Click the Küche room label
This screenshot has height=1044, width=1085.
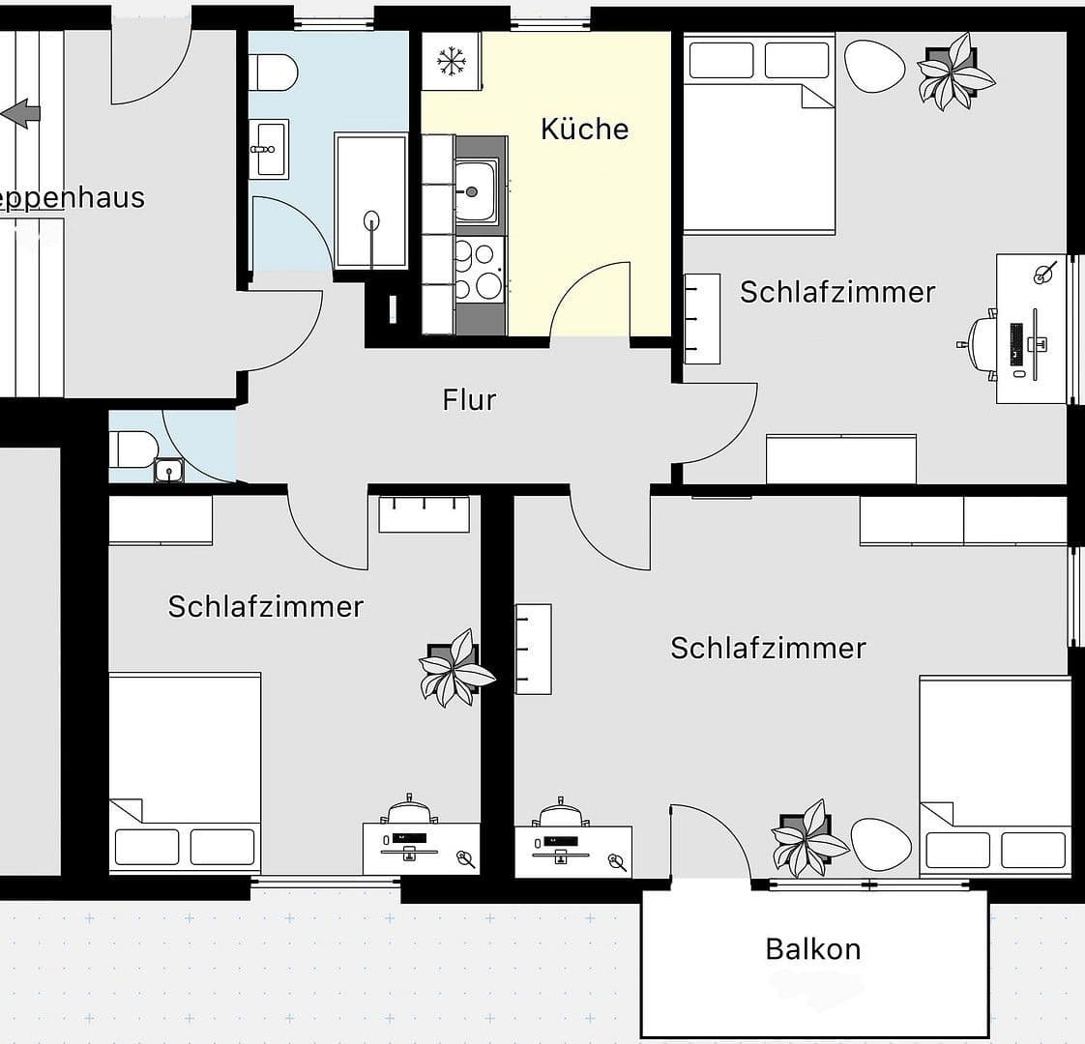coord(584,129)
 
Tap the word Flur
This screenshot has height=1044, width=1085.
coord(469,399)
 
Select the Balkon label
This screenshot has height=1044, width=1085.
coord(812,948)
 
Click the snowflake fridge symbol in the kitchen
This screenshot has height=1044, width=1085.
coord(451,62)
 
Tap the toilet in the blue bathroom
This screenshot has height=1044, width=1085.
coord(272,72)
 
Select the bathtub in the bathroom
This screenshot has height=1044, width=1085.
coord(371,201)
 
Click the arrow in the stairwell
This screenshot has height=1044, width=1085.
coord(21,113)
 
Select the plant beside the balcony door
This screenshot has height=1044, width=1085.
coord(807,837)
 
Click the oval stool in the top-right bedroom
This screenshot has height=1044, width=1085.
coord(874,65)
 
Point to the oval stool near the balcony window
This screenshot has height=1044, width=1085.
coord(881,844)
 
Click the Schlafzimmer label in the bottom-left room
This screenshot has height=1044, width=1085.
coord(265,606)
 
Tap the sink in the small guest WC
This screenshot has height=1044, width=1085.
coord(169,472)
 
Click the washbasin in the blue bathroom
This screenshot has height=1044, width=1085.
coord(268,149)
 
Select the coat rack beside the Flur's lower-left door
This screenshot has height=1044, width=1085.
coord(424,513)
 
